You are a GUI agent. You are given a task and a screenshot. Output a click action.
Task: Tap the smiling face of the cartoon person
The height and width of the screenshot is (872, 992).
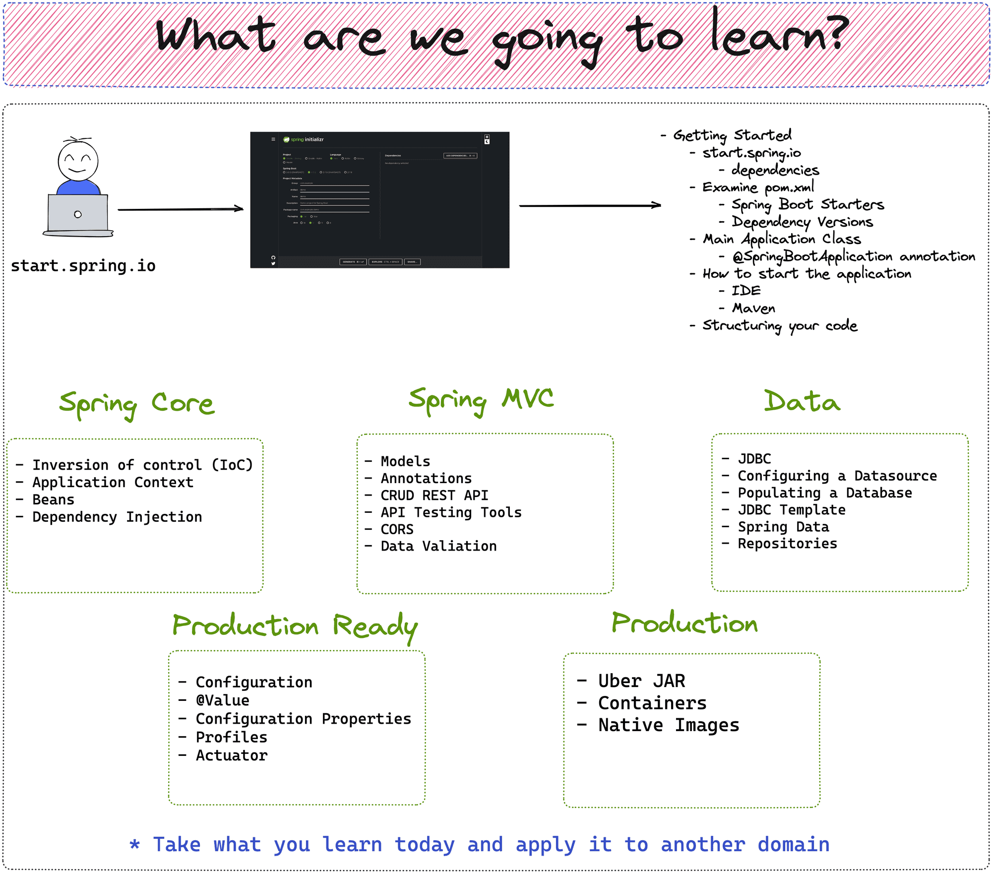click(x=78, y=162)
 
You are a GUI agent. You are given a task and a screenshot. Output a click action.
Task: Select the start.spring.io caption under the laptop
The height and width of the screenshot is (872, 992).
click(x=83, y=266)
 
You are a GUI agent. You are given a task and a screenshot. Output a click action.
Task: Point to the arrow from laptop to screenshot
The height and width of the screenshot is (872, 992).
click(x=181, y=209)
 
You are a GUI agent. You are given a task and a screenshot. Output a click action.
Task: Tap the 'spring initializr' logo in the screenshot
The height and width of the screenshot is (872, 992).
click(x=304, y=139)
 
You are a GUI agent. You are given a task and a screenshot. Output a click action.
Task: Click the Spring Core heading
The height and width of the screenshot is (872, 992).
click(x=136, y=404)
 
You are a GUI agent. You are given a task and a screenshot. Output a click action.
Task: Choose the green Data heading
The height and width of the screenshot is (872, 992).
click(x=802, y=402)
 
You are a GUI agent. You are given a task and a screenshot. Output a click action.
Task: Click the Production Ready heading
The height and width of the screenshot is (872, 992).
click(x=295, y=626)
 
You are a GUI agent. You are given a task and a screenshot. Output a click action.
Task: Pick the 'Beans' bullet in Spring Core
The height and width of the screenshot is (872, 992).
click(x=53, y=499)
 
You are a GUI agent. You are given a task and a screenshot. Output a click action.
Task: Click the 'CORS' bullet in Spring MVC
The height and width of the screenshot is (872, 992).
click(x=396, y=529)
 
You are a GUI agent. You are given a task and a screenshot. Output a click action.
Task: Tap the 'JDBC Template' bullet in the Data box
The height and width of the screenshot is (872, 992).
click(x=791, y=510)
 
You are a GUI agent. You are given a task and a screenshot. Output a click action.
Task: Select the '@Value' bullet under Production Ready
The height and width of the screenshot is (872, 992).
click(x=222, y=700)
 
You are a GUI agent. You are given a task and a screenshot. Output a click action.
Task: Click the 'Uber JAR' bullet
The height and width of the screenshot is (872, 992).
click(x=641, y=681)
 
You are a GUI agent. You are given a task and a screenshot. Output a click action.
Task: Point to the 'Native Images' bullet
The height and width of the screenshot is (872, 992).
click(x=668, y=725)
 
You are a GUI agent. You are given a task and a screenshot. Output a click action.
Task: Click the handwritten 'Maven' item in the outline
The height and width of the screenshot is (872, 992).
click(x=753, y=309)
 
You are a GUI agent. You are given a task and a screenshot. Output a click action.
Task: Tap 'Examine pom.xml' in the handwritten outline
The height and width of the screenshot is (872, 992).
click(x=757, y=187)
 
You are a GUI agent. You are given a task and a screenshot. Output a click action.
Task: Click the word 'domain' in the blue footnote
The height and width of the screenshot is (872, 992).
click(x=793, y=844)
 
